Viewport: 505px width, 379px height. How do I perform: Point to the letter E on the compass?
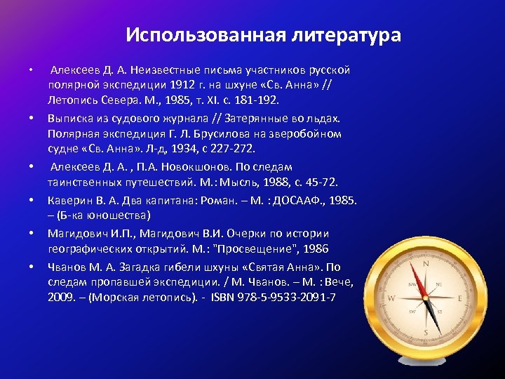click(x=459, y=298)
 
